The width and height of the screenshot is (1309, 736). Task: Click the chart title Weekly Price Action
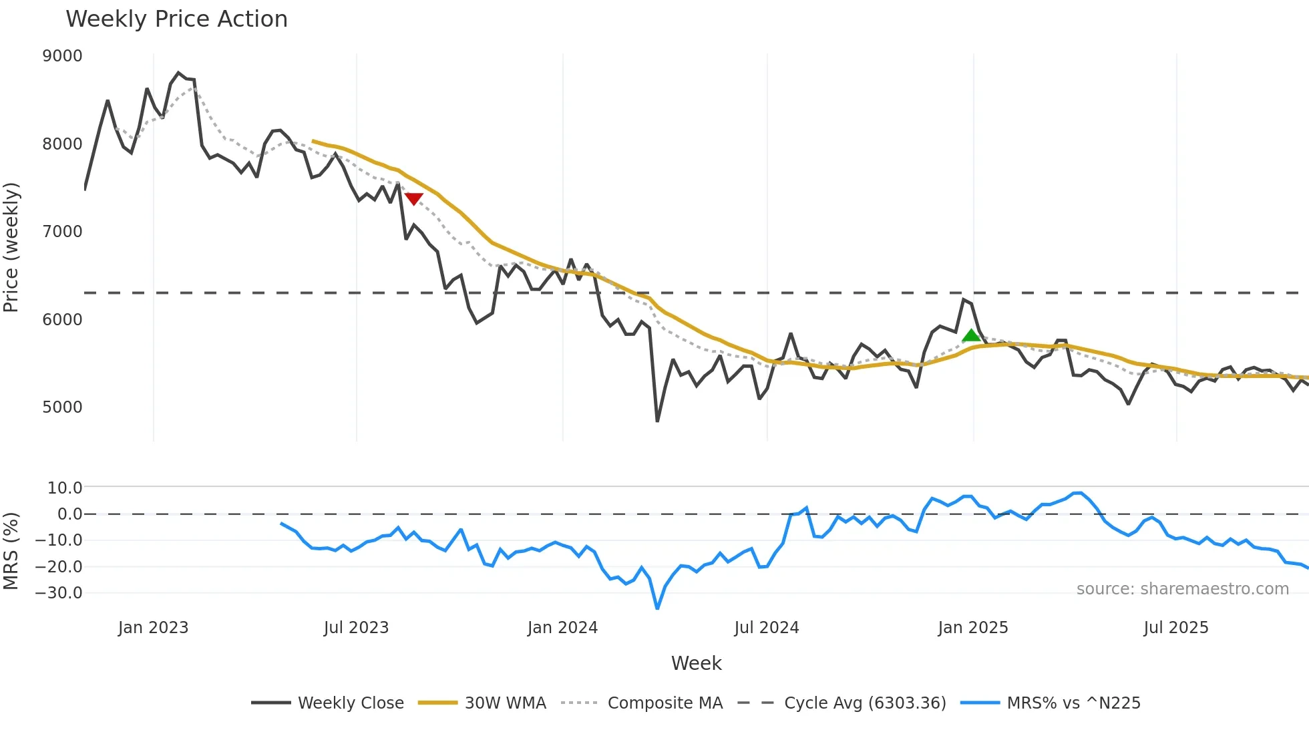point(176,19)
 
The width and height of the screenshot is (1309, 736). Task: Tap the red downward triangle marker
point(414,198)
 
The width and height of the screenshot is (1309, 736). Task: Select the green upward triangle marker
point(972,335)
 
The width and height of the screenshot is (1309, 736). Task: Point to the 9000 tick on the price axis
point(62,56)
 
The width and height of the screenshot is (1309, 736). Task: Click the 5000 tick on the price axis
point(62,407)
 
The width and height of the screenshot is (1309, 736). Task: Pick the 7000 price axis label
point(62,232)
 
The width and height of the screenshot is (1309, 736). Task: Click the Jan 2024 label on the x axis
point(562,628)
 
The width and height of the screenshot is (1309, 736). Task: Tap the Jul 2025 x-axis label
point(1175,628)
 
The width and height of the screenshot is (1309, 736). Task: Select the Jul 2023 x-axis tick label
point(356,628)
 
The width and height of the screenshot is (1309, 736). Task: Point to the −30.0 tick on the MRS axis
point(59,593)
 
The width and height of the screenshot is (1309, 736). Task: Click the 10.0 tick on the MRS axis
point(65,488)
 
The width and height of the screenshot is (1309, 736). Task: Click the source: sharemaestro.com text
point(1182,589)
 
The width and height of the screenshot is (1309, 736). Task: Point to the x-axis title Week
point(696,663)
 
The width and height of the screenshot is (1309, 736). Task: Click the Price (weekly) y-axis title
point(11,247)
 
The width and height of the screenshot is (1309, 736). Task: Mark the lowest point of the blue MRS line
point(657,608)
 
